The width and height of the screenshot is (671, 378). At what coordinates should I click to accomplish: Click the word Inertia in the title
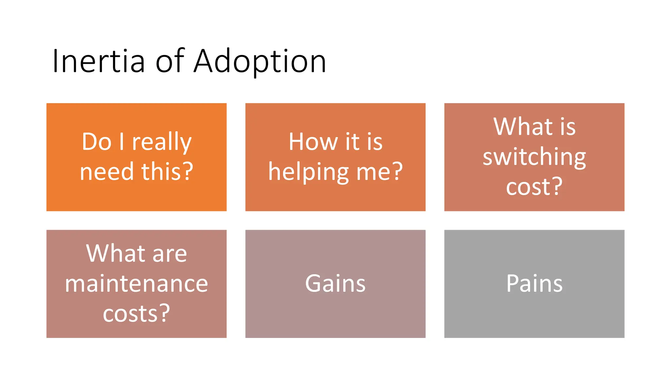tap(98, 61)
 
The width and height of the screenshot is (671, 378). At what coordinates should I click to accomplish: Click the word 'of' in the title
tap(170, 61)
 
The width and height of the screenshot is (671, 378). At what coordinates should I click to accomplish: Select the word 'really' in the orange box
tap(162, 142)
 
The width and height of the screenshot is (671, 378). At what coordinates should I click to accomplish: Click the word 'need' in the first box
tap(107, 172)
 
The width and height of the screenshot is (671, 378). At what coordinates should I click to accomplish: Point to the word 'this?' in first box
tap(167, 172)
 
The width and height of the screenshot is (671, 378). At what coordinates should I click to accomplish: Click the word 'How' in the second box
tap(313, 142)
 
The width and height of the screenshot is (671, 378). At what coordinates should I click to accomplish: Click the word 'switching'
tap(534, 157)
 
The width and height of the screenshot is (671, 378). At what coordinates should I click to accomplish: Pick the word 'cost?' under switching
tap(534, 187)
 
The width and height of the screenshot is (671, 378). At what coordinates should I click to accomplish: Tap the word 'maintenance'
tap(136, 283)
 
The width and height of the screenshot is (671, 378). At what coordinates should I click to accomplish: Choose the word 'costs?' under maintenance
tap(136, 313)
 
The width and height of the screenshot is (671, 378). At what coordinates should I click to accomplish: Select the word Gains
tap(335, 283)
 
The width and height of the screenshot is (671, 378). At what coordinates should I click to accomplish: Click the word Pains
tap(534, 283)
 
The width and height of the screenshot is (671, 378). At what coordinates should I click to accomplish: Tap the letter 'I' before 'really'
tap(122, 142)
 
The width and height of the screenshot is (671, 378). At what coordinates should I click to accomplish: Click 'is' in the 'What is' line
tap(567, 127)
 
